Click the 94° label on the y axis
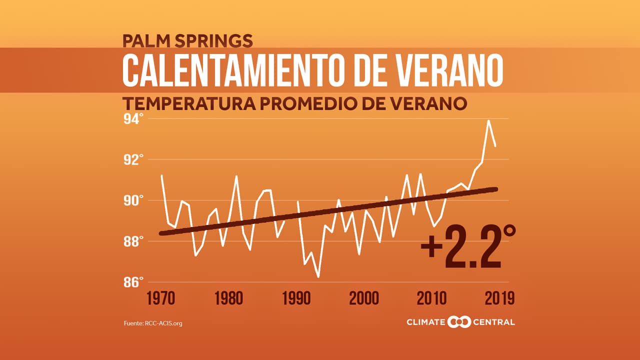(x=133, y=119)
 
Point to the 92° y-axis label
(x=133, y=160)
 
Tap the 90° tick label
(x=133, y=200)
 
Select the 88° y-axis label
(x=133, y=241)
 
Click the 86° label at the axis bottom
(x=133, y=282)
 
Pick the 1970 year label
(x=160, y=299)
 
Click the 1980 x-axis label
(x=228, y=299)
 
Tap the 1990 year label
(x=296, y=299)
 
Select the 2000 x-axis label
(x=364, y=299)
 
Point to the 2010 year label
(x=432, y=299)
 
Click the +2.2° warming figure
(x=467, y=248)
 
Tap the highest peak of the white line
(x=488, y=120)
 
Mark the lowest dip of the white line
(x=318, y=276)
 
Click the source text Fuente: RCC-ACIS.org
(x=153, y=323)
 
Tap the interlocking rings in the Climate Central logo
(x=459, y=322)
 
